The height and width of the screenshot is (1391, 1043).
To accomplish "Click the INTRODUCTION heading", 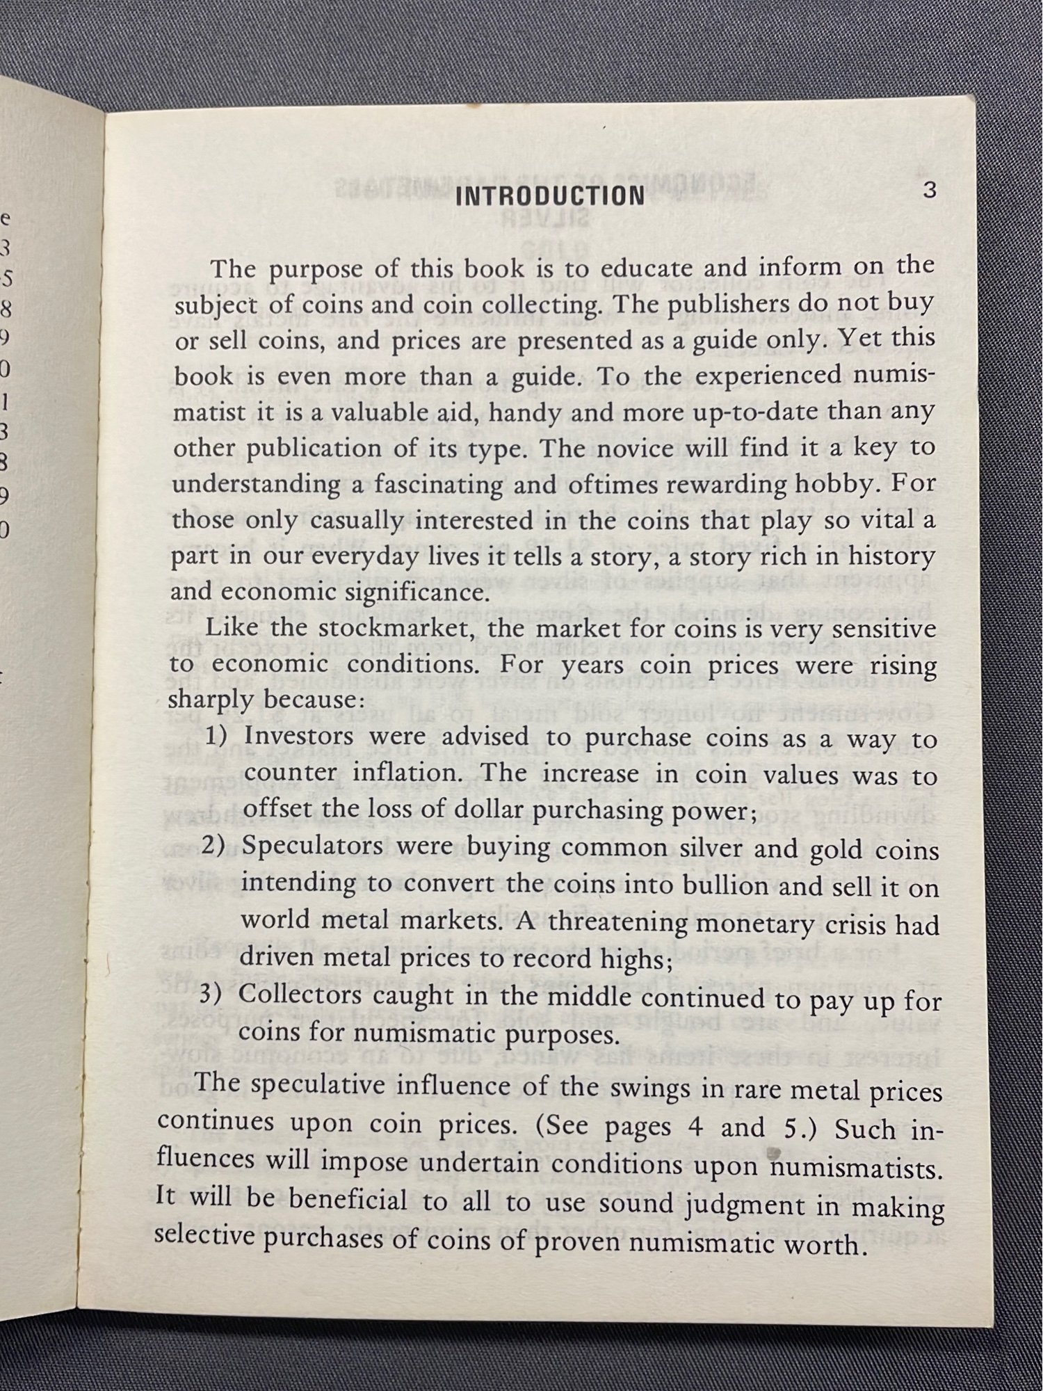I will pyautogui.click(x=549, y=196).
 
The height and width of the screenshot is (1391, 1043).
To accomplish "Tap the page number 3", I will pyautogui.click(x=929, y=190).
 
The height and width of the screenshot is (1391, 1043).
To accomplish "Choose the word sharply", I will pyautogui.click(x=210, y=700).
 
